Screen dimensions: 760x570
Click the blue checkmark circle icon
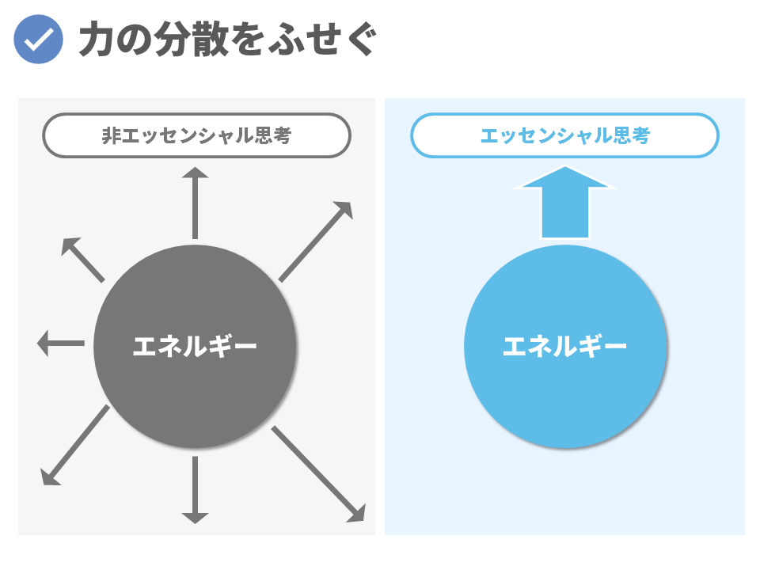click(x=38, y=40)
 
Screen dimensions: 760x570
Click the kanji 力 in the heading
click(x=97, y=40)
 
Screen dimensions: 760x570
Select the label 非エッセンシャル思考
click(x=196, y=135)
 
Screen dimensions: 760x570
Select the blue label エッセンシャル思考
click(x=564, y=135)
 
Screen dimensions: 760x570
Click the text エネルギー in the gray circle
click(x=195, y=347)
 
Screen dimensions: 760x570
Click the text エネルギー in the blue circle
click(x=565, y=347)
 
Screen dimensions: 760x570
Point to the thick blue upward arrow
click(x=565, y=203)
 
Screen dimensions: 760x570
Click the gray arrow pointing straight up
click(x=195, y=203)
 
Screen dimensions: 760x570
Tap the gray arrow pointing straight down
click(x=195, y=490)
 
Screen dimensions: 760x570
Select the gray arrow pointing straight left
click(x=61, y=343)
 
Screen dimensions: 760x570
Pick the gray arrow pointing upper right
click(x=315, y=241)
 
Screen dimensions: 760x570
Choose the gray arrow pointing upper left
click(x=83, y=260)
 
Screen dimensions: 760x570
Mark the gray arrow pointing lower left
click(x=75, y=445)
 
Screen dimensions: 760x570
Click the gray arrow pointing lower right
click(x=318, y=474)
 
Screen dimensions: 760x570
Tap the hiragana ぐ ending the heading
click(x=361, y=40)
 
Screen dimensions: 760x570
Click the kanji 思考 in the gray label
click(x=273, y=135)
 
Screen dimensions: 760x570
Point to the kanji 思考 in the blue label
click(x=632, y=135)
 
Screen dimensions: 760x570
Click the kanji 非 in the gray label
click(x=111, y=135)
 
